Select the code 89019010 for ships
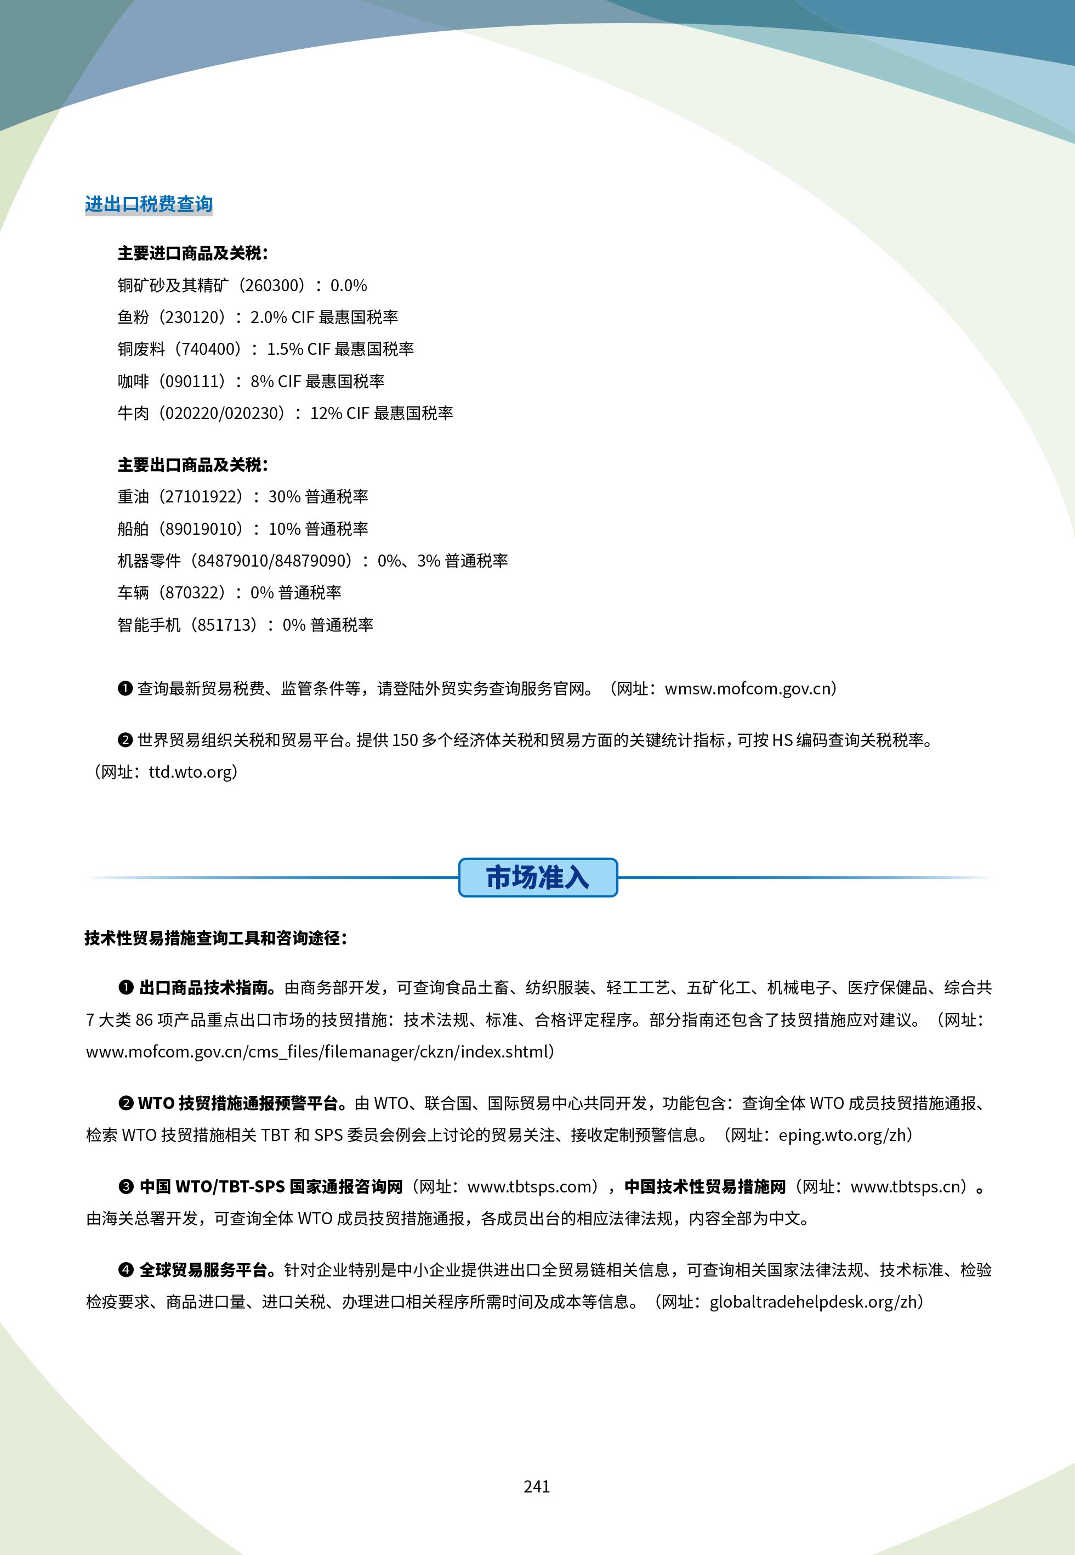coord(203,529)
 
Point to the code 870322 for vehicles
coord(194,593)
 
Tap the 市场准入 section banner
coord(537,877)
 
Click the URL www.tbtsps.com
coord(529,1186)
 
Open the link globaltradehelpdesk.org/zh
coord(813,1302)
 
